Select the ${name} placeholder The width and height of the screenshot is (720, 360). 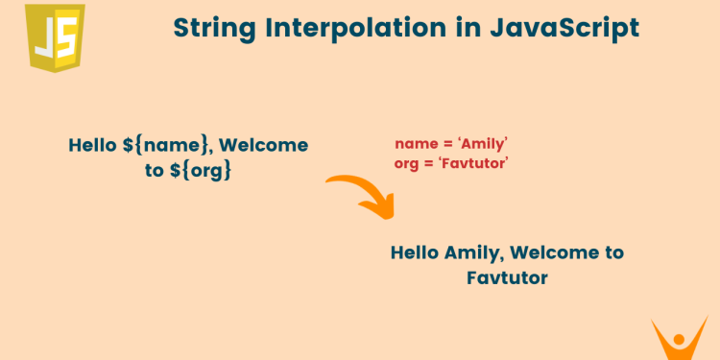click(168, 146)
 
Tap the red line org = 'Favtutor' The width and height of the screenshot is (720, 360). click(450, 163)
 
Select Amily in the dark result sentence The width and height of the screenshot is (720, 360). click(473, 253)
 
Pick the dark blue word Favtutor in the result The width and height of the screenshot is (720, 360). click(507, 277)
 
